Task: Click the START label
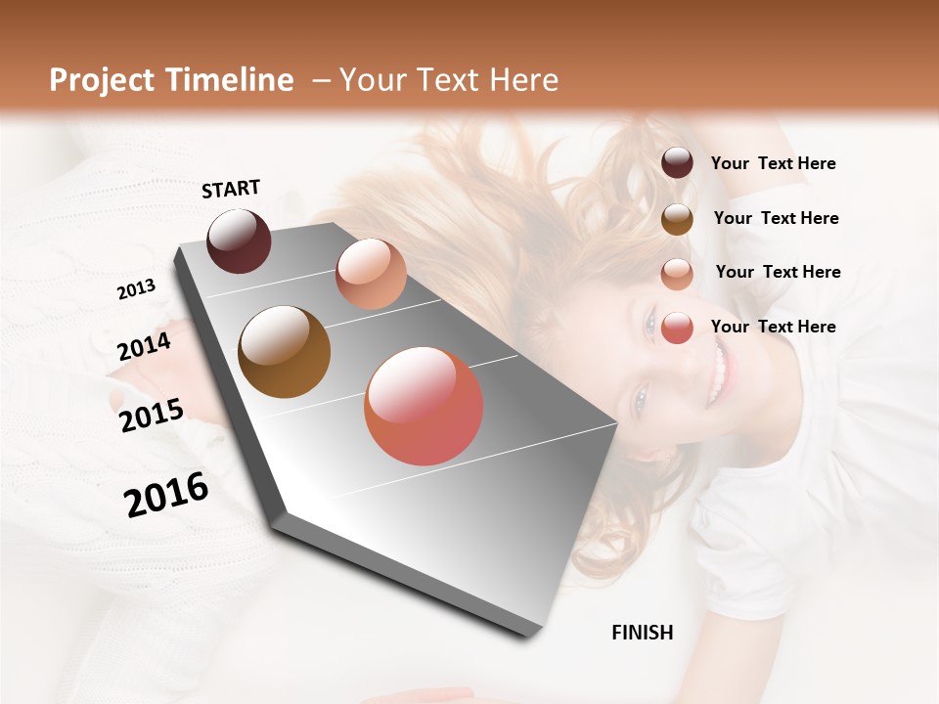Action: coord(231,189)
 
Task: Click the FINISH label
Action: coord(642,633)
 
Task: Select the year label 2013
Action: coord(136,289)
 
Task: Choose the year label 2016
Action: coord(166,495)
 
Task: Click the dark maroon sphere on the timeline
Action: coord(239,241)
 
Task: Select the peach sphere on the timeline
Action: coord(371,274)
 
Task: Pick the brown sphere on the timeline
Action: coord(285,352)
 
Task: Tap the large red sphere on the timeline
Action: coord(424,406)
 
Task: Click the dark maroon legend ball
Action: coord(677,163)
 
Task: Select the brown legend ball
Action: coord(677,218)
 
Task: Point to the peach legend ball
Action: coord(677,273)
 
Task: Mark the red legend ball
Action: coord(677,328)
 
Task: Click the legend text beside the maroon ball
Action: coord(773,163)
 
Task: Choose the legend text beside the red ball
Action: coord(773,327)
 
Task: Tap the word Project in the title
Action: coord(102,80)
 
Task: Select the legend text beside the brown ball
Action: coord(776,218)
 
